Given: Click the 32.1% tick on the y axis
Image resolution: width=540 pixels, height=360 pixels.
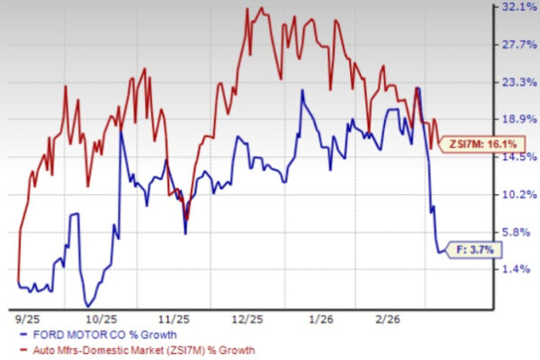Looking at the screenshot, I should click(517, 6).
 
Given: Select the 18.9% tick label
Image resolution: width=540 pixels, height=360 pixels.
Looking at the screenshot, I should click(517, 119).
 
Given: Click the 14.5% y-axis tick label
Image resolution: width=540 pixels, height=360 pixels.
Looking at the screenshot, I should click(517, 157).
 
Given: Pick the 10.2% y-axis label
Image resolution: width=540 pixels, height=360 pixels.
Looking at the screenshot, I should click(517, 194).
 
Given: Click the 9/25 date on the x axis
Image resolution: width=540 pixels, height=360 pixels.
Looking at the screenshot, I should click(28, 318).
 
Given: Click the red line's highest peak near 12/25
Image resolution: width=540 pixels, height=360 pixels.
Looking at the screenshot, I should click(262, 9).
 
